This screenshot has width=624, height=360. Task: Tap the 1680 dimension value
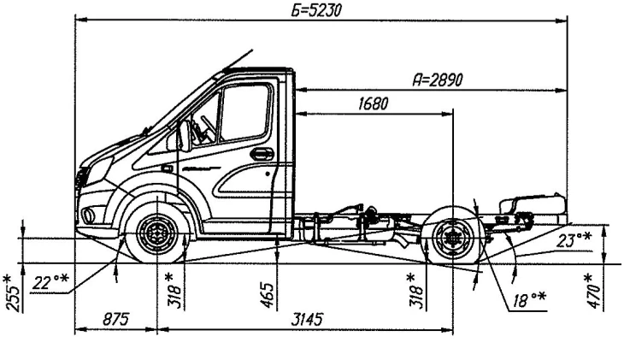(x=373, y=104)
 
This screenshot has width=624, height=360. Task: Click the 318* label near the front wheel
(x=174, y=290)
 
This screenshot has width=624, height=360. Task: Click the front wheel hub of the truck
(x=157, y=233)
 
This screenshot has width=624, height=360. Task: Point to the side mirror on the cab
(x=183, y=136)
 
